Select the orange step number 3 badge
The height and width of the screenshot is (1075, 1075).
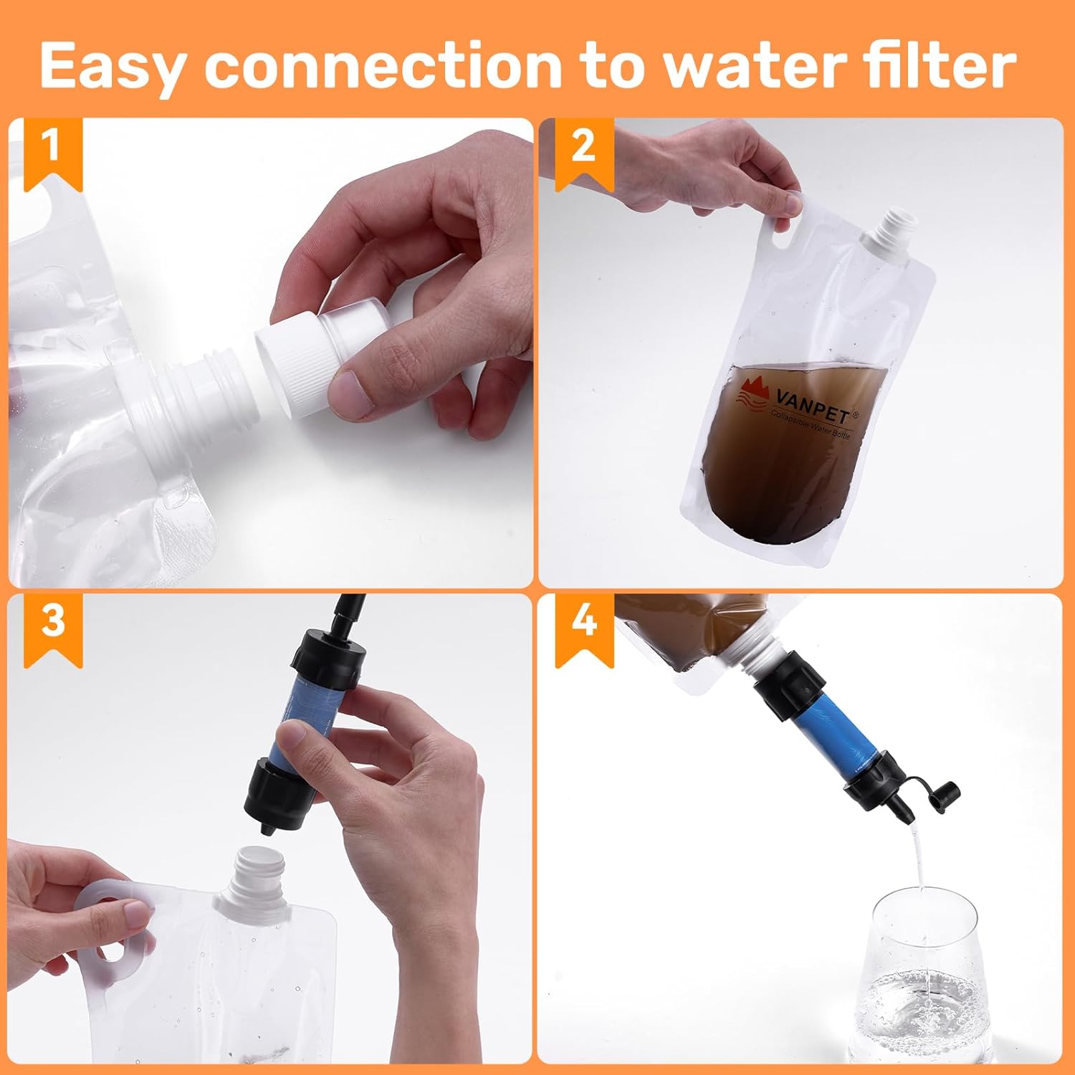point(52,624)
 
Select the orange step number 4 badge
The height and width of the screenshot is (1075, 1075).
point(583,624)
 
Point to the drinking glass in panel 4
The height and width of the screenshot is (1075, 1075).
point(924,982)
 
